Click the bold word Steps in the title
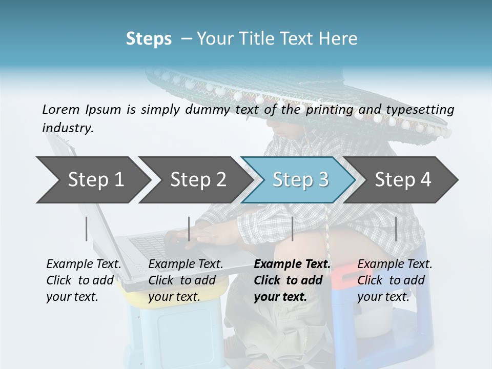[149, 39]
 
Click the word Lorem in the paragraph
[60, 109]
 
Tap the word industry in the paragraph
[68, 128]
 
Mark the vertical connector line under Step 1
[87, 229]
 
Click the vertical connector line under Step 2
[189, 229]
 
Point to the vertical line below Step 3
[292, 229]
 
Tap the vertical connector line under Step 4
[396, 229]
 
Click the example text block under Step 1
[84, 280]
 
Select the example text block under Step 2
[186, 280]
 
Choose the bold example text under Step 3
[292, 280]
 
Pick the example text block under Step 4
[395, 280]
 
